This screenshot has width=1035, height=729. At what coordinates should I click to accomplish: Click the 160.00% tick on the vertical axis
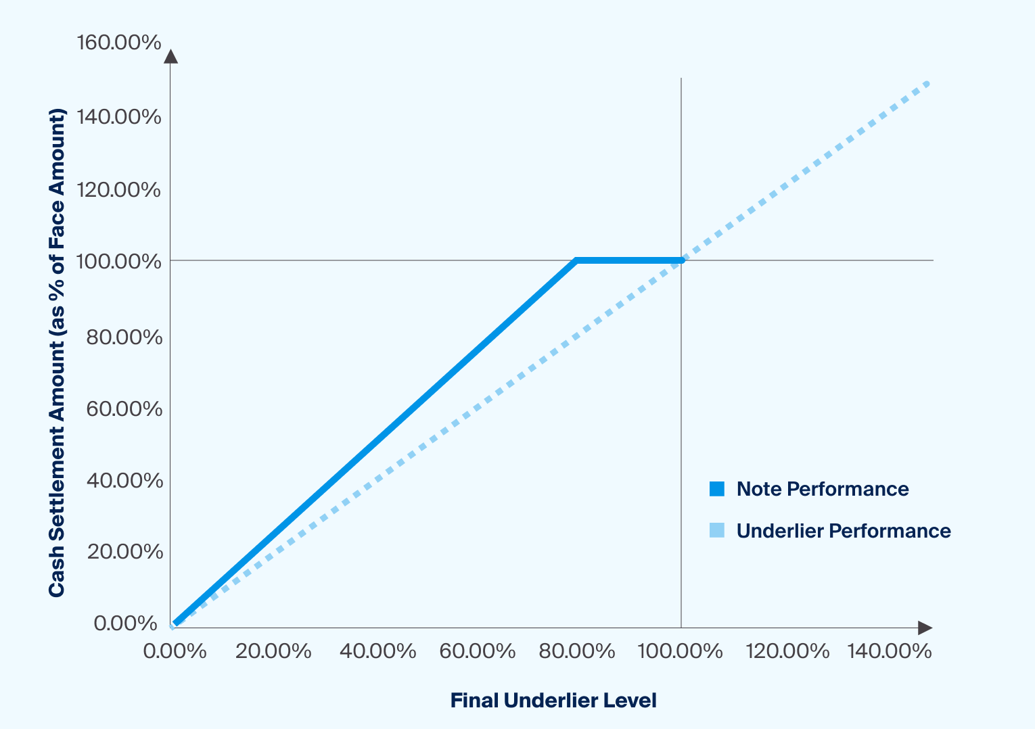click(x=119, y=43)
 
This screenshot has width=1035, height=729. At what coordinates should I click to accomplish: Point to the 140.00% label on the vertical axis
click(x=119, y=117)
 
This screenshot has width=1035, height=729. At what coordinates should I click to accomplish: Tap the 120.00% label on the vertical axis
click(x=119, y=190)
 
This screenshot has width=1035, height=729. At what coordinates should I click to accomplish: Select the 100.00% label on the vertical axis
click(x=119, y=261)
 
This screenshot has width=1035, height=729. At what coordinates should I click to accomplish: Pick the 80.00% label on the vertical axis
click(x=124, y=337)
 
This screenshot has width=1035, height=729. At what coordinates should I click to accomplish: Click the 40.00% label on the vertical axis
click(x=124, y=481)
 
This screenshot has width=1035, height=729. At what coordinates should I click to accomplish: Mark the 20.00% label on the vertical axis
click(x=125, y=552)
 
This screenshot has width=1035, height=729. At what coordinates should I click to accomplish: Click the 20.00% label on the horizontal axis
click(x=273, y=651)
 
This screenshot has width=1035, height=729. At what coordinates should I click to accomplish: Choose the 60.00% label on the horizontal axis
click(x=478, y=651)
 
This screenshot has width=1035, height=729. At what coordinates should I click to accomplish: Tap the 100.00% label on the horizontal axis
click(x=680, y=651)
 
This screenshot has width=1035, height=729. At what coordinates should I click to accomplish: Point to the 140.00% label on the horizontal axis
click(x=890, y=651)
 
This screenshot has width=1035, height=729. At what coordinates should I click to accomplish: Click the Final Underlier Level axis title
click(x=553, y=701)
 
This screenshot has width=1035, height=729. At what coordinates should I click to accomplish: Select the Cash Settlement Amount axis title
click(x=57, y=352)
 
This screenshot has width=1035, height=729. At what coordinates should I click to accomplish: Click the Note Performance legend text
click(x=823, y=489)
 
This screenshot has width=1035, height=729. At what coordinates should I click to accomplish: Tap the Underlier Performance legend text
click(x=844, y=531)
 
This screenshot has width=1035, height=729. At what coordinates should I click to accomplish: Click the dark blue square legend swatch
click(x=717, y=489)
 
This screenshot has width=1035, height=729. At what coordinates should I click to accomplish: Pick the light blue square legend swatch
click(x=717, y=531)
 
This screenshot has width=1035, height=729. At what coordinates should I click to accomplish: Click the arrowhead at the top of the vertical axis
click(x=170, y=56)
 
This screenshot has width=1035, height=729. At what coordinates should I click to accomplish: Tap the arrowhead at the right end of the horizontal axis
click(x=925, y=628)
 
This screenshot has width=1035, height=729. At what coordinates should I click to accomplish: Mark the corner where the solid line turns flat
click(x=576, y=260)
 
